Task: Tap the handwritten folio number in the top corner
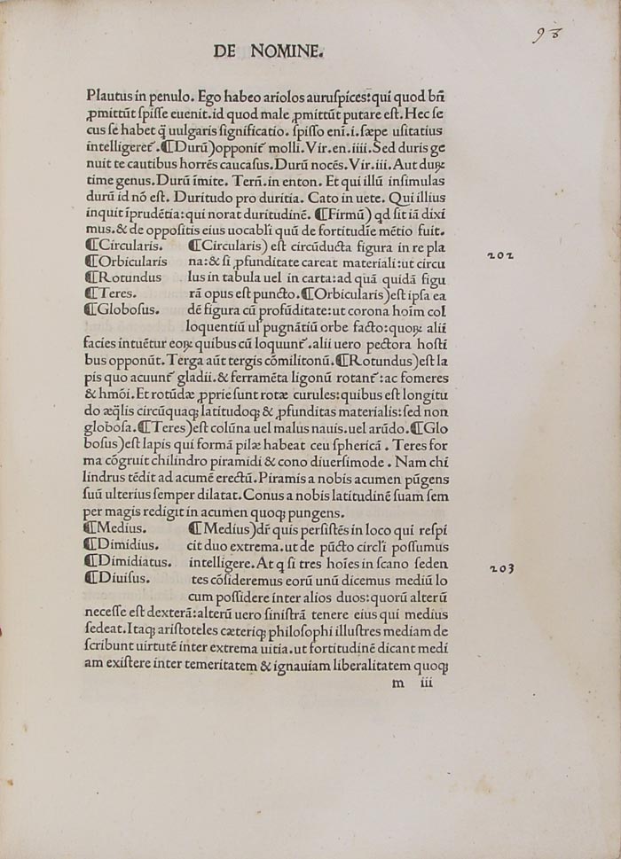click(548, 35)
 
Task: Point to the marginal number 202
click(500, 255)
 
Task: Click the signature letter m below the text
click(397, 683)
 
